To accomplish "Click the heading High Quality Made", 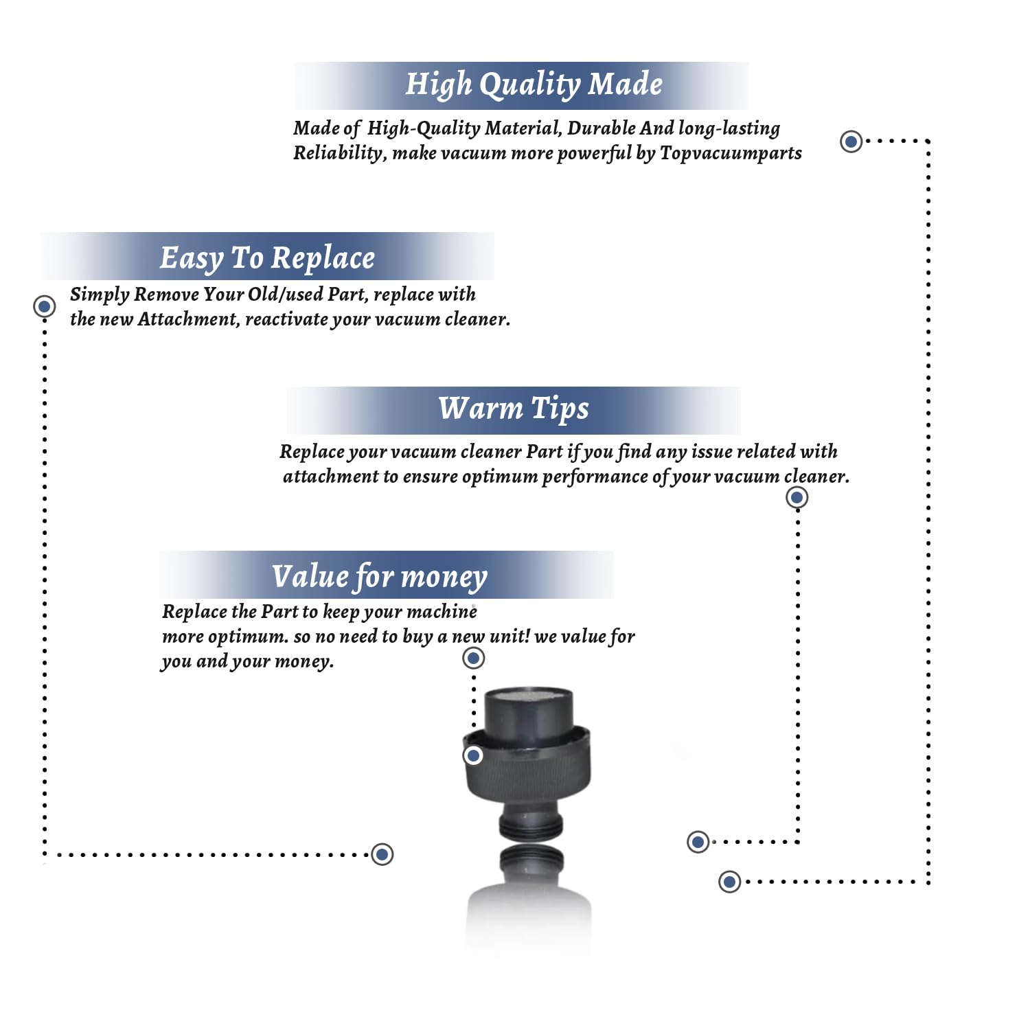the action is point(534,84).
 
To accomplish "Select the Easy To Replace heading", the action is point(267,258).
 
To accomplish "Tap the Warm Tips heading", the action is point(514,409).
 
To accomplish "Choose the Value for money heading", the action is point(380,577).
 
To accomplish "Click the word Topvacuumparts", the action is point(731,152).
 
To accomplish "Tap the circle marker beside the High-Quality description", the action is point(851,141).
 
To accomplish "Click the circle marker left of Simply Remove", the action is point(45,306).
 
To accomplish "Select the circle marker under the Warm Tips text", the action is point(797,497).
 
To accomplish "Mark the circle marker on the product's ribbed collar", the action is point(473,756).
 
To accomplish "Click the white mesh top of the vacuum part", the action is point(528,696).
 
